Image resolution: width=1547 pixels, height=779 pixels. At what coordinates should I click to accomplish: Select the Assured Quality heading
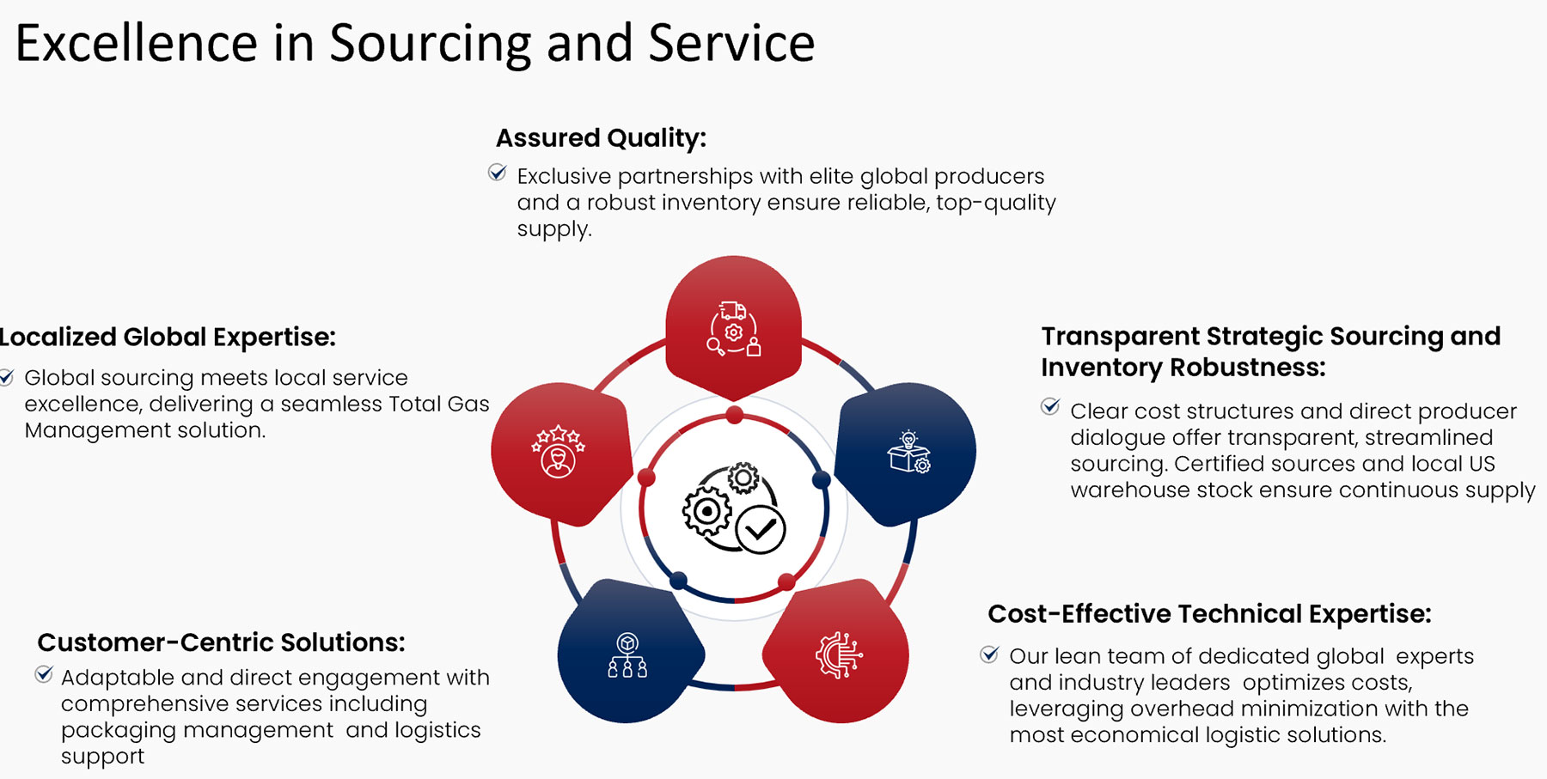pyautogui.click(x=601, y=137)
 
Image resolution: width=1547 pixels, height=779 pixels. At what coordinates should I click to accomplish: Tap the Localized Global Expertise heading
pyautogui.click(x=168, y=337)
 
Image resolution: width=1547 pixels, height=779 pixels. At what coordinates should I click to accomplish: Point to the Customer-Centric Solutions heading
pyautogui.click(x=221, y=642)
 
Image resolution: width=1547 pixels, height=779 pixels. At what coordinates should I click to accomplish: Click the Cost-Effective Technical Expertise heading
pyautogui.click(x=1209, y=614)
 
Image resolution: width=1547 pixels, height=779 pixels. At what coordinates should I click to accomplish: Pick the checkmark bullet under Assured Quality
pyautogui.click(x=497, y=173)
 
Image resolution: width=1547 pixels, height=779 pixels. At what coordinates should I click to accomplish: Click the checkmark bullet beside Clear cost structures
pyautogui.click(x=1050, y=406)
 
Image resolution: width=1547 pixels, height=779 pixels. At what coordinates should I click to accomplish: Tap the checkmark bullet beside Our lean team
pyautogui.click(x=989, y=654)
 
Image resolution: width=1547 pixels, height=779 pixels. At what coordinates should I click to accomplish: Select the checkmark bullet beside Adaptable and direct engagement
pyautogui.click(x=44, y=674)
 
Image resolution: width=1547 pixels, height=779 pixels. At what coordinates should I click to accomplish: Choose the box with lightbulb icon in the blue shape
pyautogui.click(x=908, y=453)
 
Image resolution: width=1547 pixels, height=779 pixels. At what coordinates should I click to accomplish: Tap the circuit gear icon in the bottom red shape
pyautogui.click(x=838, y=655)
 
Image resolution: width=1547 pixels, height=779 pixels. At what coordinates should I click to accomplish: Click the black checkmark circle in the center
pyautogui.click(x=761, y=530)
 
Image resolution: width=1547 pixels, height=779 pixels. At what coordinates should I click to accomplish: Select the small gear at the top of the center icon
pyautogui.click(x=743, y=478)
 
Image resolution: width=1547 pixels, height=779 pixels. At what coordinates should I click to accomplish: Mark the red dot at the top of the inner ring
pyautogui.click(x=734, y=416)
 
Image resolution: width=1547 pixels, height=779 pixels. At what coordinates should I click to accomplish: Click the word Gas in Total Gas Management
pyautogui.click(x=468, y=404)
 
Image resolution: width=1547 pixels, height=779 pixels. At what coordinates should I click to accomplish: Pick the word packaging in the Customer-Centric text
pyautogui.click(x=112, y=730)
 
